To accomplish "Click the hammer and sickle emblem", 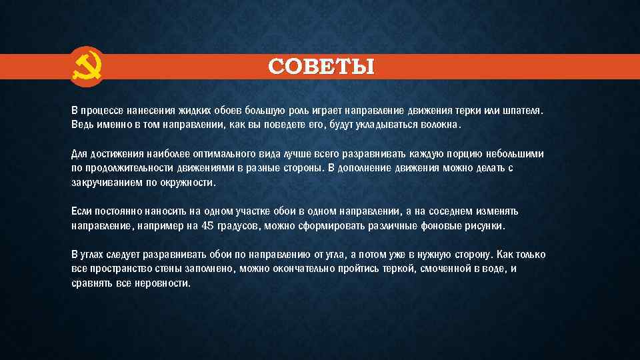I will point(87,67).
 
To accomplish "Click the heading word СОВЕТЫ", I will point(321,67).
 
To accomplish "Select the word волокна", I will point(440,125).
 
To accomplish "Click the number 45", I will point(207,226).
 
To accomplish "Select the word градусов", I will point(239,226).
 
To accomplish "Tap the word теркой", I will point(402,269).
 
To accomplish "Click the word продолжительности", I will point(127,168).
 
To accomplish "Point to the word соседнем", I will point(447,211).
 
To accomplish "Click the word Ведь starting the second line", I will point(83,125).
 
